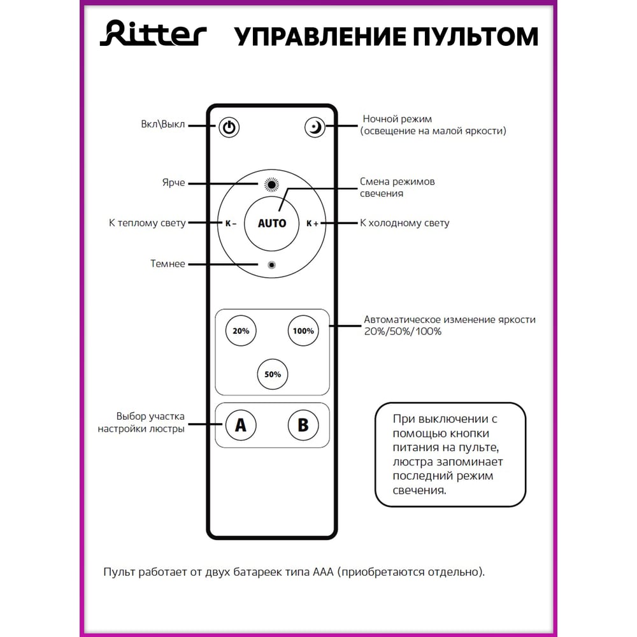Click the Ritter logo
tap(153, 34)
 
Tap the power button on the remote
tap(229, 127)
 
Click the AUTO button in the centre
tap(272, 224)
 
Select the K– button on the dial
tap(231, 224)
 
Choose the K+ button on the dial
tap(312, 224)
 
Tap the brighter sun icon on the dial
tap(272, 185)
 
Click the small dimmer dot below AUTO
tap(272, 264)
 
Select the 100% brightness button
tap(303, 331)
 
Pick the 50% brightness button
tap(272, 375)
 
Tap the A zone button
tap(241, 425)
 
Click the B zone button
tap(303, 425)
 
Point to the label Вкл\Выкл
tap(163, 124)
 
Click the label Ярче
tap(173, 183)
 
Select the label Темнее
tap(168, 264)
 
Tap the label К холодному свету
tap(404, 224)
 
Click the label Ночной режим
tap(397, 119)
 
